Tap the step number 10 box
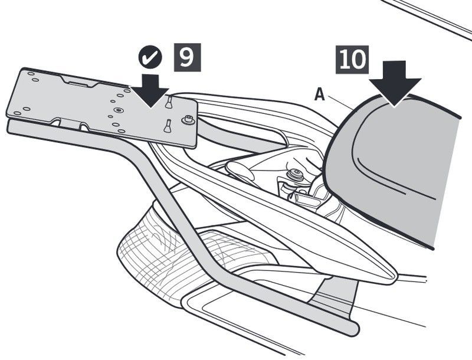tap(352, 60)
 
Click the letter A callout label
tap(319, 94)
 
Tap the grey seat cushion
tap(401, 165)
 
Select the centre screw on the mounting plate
tap(119, 110)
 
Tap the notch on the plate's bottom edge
tap(71, 123)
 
